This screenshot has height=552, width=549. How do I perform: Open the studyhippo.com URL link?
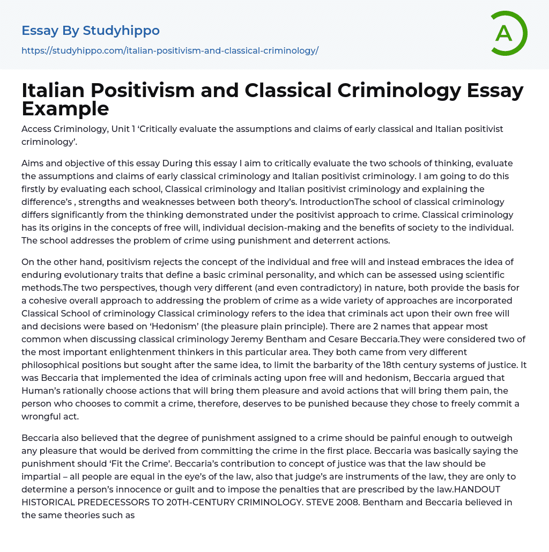[x=170, y=51]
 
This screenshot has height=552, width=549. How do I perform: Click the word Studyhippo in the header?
[x=121, y=31]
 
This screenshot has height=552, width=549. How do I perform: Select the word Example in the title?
[x=65, y=108]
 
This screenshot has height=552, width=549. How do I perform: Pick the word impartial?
[x=42, y=477]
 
